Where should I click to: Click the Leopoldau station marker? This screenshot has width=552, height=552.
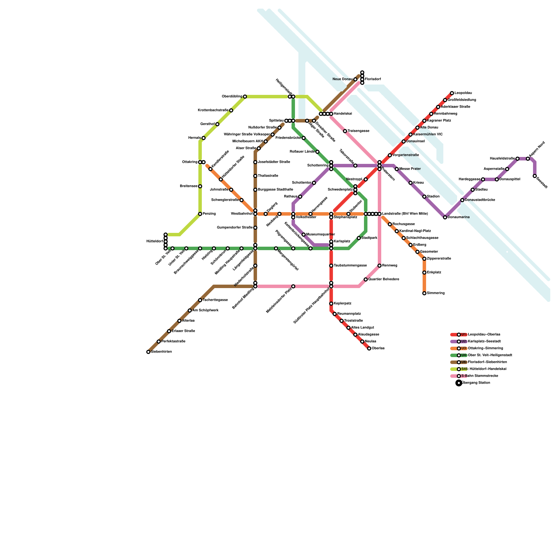[452, 93]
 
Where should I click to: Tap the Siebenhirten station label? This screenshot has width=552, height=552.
[161, 352]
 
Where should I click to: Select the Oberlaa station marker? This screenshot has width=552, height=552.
[369, 348]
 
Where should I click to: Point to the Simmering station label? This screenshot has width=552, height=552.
[435, 293]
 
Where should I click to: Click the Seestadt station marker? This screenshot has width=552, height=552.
[535, 176]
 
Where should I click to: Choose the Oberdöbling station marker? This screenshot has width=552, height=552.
[245, 97]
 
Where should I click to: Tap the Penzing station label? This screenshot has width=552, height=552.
[209, 214]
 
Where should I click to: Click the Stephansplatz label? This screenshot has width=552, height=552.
[345, 217]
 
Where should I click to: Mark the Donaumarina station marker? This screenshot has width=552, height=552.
[445, 217]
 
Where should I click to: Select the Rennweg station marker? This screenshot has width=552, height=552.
[379, 266]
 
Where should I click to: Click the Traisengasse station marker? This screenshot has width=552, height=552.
[345, 131]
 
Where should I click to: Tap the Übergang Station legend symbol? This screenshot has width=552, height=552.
[459, 383]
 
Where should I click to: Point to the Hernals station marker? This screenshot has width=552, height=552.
[204, 138]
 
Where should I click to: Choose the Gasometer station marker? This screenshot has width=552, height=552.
[417, 252]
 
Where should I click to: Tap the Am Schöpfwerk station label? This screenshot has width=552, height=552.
[205, 310]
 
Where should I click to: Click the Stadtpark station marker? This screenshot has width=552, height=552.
[359, 238]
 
